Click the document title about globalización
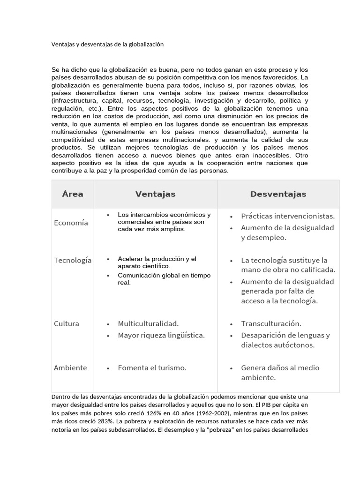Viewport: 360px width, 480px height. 107,45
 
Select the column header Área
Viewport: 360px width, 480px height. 73,194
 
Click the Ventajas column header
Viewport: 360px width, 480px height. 155,194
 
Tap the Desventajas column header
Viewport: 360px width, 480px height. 278,194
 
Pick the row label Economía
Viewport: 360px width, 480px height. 71,223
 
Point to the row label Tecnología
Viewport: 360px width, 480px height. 73,260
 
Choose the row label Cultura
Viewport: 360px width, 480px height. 67,323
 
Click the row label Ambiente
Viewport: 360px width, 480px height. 70,367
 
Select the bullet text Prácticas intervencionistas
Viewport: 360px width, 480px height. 288,216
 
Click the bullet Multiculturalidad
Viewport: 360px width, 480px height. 148,323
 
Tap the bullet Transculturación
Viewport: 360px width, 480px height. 271,323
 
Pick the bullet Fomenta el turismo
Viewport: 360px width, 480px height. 152,367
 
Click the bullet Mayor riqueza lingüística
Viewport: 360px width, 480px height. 161,335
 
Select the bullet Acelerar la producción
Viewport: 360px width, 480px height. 157,262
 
